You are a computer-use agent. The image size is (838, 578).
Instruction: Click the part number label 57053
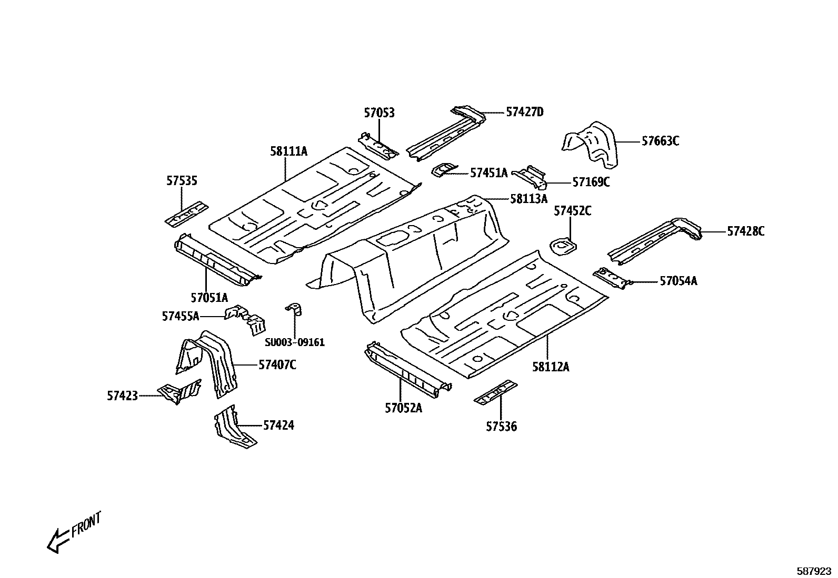click(x=379, y=113)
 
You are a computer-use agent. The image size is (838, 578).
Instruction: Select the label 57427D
click(x=524, y=111)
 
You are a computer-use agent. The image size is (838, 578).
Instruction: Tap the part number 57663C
click(x=660, y=141)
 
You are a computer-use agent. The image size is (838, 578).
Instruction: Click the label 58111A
click(x=288, y=151)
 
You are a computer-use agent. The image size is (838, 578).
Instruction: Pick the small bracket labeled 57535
click(x=186, y=214)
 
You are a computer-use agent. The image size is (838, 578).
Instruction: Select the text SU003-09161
click(x=294, y=342)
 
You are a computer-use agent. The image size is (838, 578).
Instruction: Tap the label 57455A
click(x=181, y=316)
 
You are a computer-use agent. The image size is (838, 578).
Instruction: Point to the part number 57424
click(x=278, y=425)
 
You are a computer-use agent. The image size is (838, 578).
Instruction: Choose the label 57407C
click(x=277, y=364)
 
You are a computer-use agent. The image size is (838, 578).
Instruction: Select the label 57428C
click(x=745, y=231)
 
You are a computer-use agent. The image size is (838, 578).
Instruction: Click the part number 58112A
click(x=550, y=367)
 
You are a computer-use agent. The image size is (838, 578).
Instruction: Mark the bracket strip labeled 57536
click(x=495, y=392)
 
